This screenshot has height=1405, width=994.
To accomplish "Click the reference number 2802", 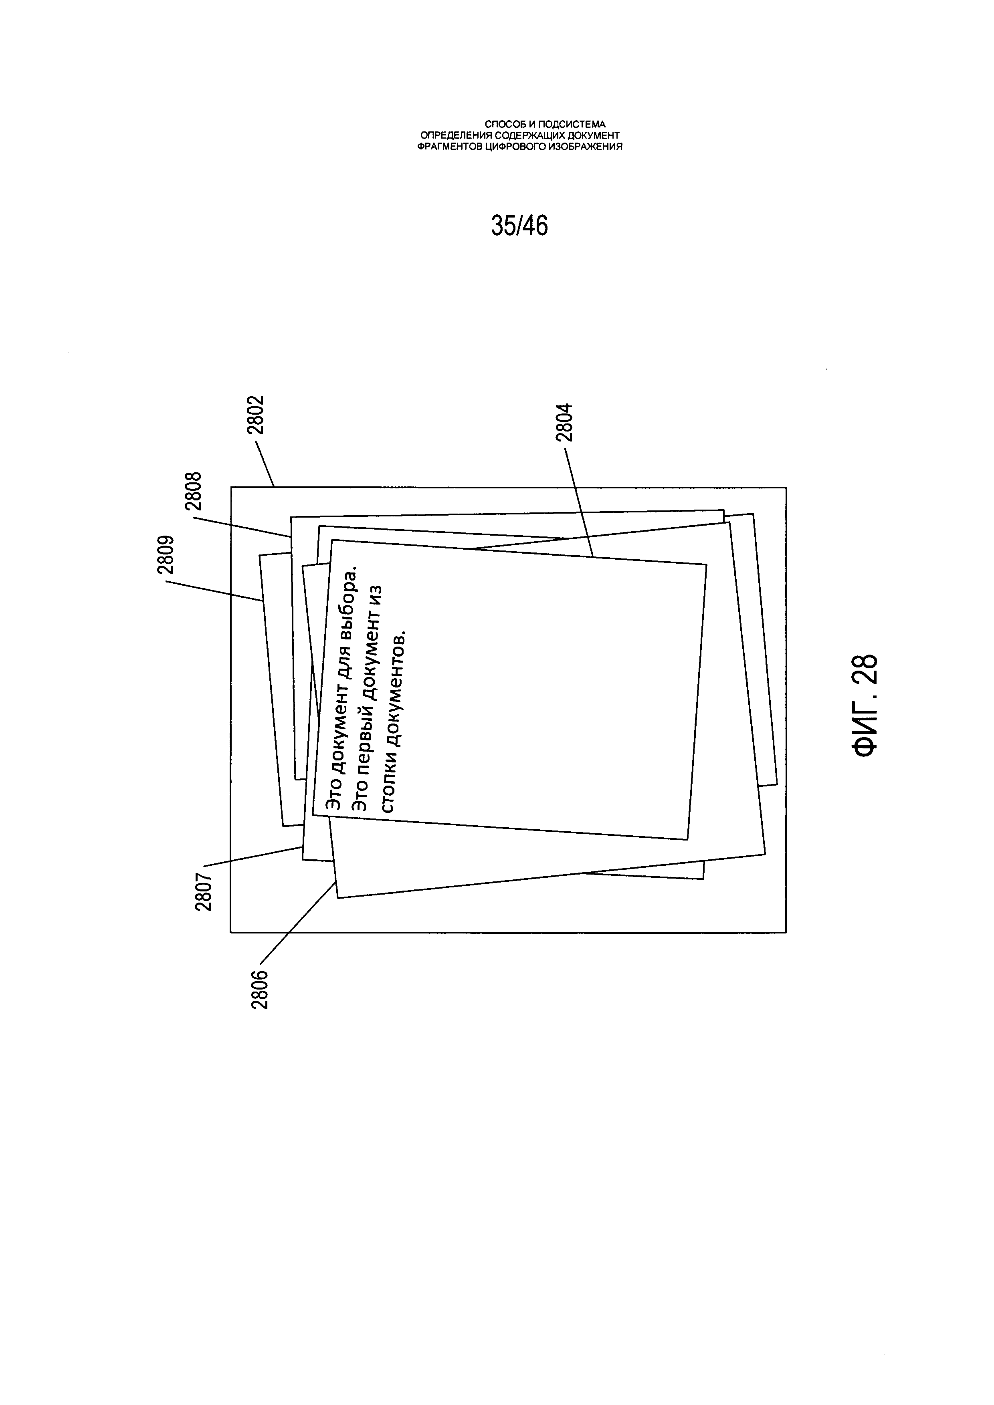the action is (x=255, y=415).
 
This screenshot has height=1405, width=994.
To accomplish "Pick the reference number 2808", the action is (x=194, y=492).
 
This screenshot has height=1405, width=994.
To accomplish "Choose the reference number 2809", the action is (x=166, y=554).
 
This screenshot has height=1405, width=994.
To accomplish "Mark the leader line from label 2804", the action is (x=578, y=502).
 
